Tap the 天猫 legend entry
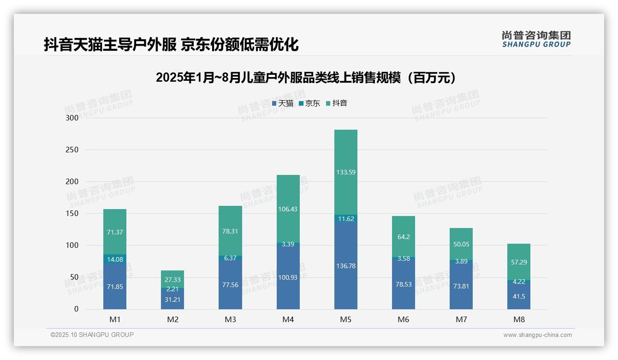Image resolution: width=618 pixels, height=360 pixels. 282,103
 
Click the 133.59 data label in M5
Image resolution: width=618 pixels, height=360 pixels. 346,172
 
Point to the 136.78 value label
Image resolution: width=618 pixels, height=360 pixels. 346,266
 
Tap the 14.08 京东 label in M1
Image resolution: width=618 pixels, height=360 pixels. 115,259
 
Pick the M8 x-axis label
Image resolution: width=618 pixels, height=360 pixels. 519,319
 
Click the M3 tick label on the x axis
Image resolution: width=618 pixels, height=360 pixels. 230,319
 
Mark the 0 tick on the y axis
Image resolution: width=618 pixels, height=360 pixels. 76,309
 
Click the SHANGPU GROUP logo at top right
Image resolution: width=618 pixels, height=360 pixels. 536,39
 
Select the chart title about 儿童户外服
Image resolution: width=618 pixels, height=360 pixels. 306,78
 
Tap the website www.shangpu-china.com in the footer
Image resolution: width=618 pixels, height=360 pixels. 537,335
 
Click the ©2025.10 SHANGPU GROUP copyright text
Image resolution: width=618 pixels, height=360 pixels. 92,335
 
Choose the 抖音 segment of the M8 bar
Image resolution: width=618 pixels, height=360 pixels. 519,262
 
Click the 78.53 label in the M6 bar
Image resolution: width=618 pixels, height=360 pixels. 404,284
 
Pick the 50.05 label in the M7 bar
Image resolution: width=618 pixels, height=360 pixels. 461,244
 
